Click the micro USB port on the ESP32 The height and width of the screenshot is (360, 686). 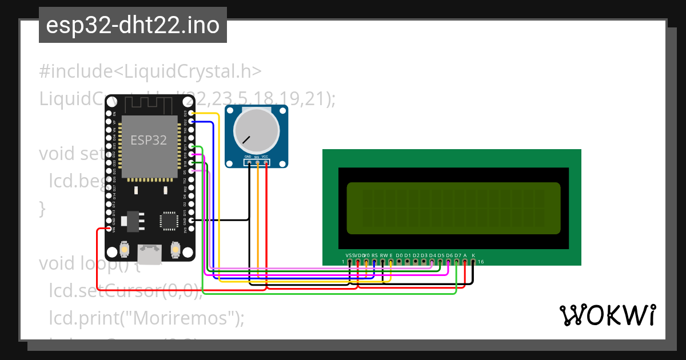pos(150,253)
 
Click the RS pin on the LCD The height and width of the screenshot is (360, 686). pos(374,262)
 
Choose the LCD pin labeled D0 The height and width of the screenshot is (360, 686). pos(399,262)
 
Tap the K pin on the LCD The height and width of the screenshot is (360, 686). pos(473,262)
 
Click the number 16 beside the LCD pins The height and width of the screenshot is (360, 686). pos(481,262)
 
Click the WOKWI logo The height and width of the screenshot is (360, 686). pos(608,314)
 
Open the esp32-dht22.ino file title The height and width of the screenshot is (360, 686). pos(133,25)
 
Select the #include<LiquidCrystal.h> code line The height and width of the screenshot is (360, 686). pos(150,71)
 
